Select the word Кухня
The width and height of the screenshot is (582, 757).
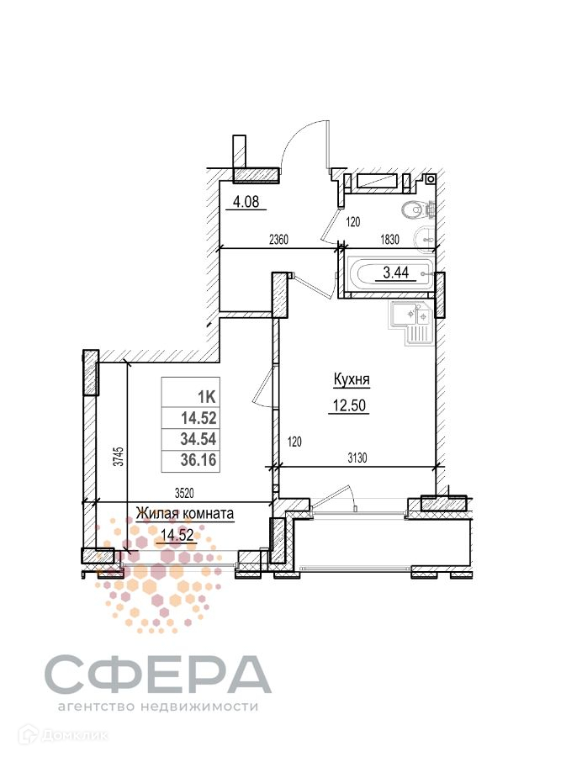352,379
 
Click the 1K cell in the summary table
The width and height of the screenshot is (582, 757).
205,396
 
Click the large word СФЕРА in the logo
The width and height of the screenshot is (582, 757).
157,673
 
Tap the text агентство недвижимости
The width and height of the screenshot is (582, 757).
157,707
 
